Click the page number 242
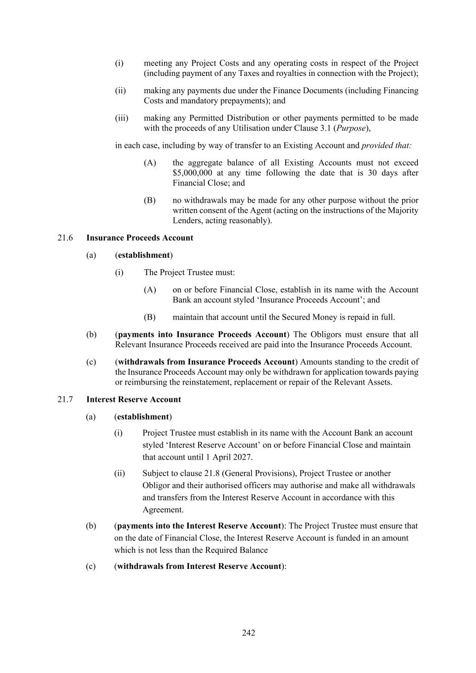[x=248, y=633]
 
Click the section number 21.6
[x=65, y=238]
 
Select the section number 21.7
[x=65, y=399]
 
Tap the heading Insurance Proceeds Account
[x=139, y=238]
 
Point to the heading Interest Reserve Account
[x=134, y=399]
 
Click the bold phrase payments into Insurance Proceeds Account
[x=202, y=334]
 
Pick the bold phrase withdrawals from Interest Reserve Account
[x=199, y=566]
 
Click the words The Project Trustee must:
[x=189, y=272]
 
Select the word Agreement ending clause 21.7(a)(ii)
[x=163, y=510]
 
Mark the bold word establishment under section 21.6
[x=144, y=255]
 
